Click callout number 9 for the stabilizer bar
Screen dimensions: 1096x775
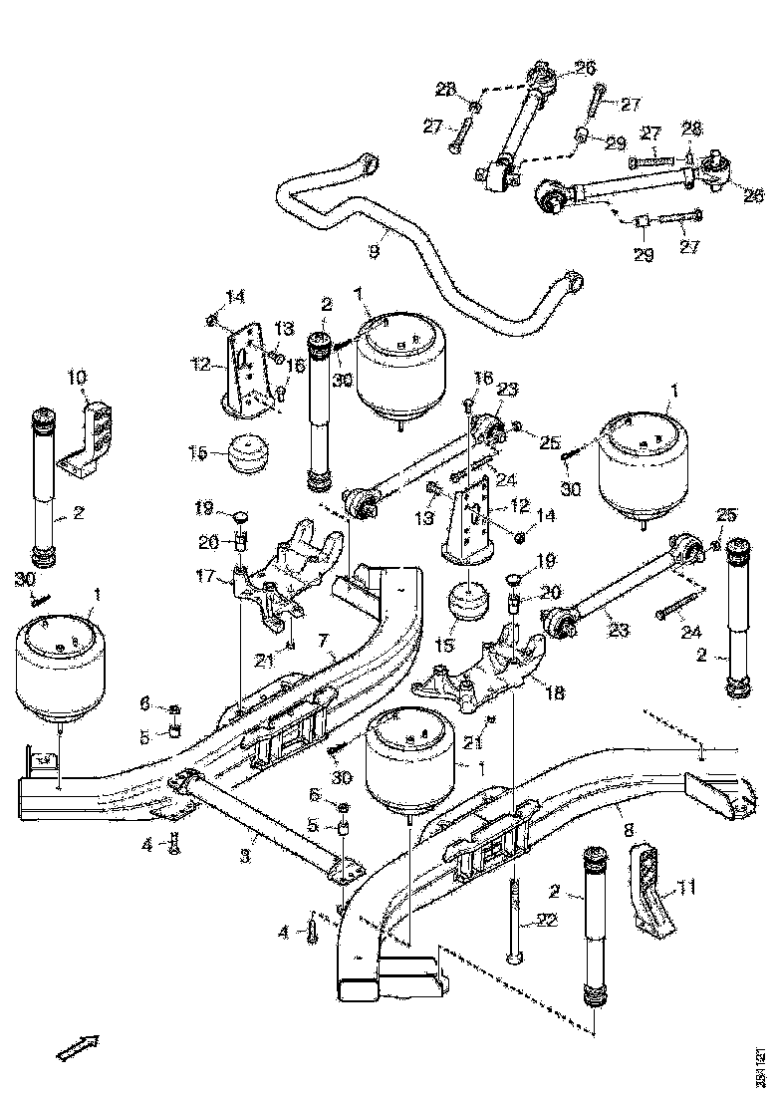pos(375,253)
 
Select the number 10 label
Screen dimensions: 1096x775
pos(78,378)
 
